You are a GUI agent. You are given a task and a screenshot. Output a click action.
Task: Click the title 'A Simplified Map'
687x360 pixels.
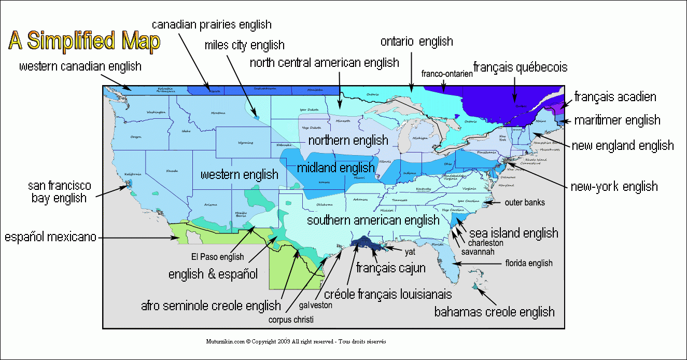(84, 41)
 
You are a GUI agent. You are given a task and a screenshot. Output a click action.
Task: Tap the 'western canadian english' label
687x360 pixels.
(80, 66)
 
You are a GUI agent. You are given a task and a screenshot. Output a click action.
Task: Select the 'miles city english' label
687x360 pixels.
(244, 46)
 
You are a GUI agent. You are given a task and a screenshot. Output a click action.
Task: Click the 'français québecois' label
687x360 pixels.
(520, 67)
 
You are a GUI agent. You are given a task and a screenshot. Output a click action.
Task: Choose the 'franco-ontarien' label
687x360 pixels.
(447, 74)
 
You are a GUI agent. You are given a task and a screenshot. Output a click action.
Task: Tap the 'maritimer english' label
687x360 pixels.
(617, 120)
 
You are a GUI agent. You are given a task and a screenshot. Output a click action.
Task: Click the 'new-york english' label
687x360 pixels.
(614, 186)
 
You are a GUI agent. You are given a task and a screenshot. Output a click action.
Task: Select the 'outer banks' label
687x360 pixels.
(525, 202)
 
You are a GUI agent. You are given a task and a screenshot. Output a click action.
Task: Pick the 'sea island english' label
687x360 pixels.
(513, 232)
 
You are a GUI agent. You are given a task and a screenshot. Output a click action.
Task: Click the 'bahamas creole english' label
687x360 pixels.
(494, 312)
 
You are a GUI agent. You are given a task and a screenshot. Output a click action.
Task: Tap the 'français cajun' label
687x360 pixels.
(391, 268)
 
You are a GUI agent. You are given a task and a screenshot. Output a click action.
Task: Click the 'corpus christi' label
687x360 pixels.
(291, 320)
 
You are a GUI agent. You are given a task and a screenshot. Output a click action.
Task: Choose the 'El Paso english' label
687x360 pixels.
(217, 256)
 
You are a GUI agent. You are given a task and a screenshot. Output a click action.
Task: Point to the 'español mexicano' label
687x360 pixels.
(51, 237)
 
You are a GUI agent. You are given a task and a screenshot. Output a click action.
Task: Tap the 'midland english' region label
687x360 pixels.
(335, 168)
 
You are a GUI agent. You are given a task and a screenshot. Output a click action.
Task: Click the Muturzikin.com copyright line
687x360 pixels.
(296, 342)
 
